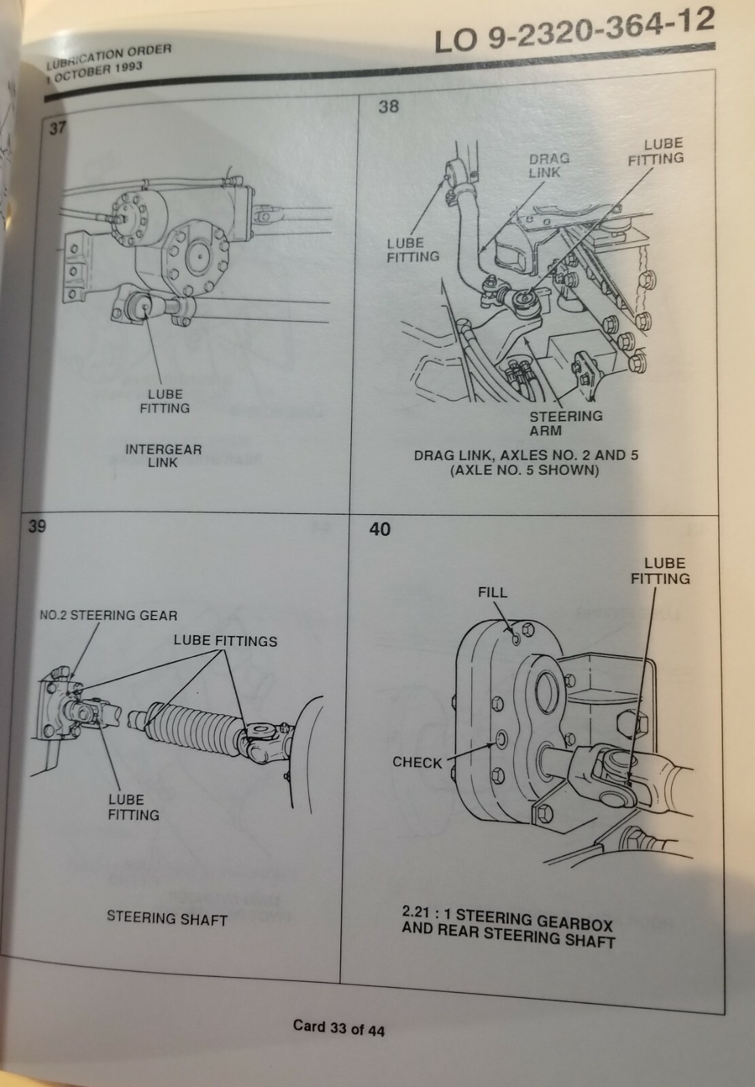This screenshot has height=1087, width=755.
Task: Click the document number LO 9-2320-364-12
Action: [x=574, y=31]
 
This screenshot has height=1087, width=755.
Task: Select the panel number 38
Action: [x=388, y=107]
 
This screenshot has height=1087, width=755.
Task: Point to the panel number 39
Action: [x=37, y=526]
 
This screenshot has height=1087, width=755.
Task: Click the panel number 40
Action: [x=380, y=529]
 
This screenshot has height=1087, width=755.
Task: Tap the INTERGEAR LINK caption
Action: [x=164, y=456]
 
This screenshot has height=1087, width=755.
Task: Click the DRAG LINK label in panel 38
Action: [x=549, y=165]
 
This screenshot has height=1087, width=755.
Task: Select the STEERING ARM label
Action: [x=566, y=423]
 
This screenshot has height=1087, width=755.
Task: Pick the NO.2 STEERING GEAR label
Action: [x=108, y=616]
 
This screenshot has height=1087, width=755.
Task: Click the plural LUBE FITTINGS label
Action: [x=225, y=641]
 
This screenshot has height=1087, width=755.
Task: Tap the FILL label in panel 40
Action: [x=492, y=592]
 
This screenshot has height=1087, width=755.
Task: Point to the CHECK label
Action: [x=417, y=762]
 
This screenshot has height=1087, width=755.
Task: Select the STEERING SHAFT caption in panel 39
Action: [x=167, y=919]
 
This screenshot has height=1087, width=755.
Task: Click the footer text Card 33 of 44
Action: [x=339, y=1028]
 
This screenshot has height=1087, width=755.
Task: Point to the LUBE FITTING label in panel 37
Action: [x=164, y=401]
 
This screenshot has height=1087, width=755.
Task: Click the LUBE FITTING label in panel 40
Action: [x=660, y=571]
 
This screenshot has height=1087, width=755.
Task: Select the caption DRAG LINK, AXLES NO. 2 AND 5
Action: [x=526, y=455]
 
